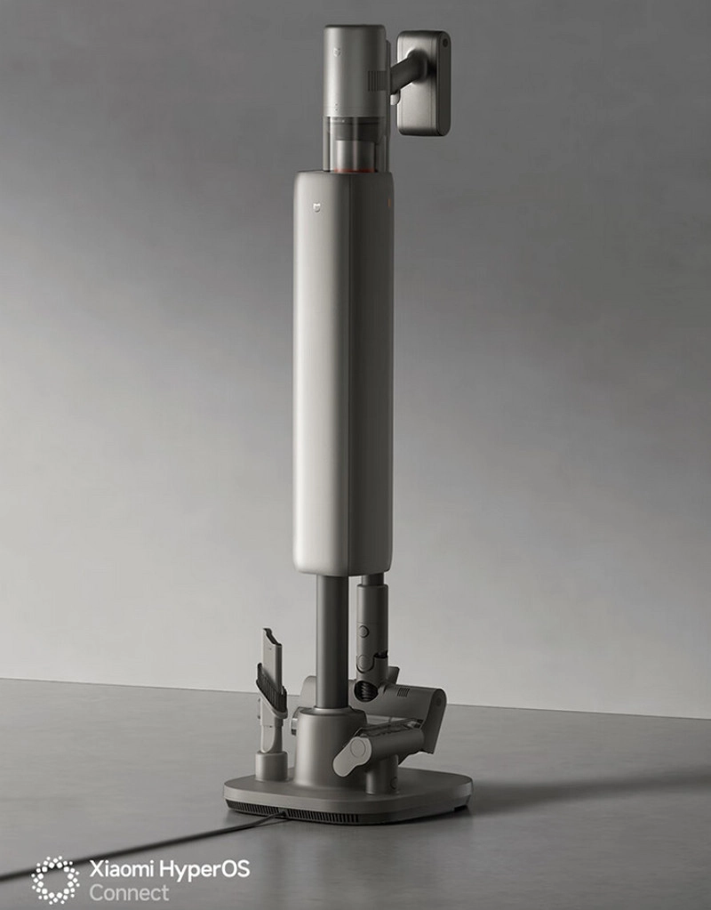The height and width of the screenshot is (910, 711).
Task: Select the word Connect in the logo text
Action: [x=129, y=892]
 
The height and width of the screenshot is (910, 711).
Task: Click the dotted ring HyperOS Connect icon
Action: [x=56, y=880]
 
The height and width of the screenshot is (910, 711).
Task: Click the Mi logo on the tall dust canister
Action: [x=317, y=206]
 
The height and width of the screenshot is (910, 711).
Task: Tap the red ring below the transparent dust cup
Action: [x=355, y=170]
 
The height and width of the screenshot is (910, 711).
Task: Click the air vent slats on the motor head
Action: [x=378, y=81]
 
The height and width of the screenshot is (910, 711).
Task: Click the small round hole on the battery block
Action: [x=444, y=43]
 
